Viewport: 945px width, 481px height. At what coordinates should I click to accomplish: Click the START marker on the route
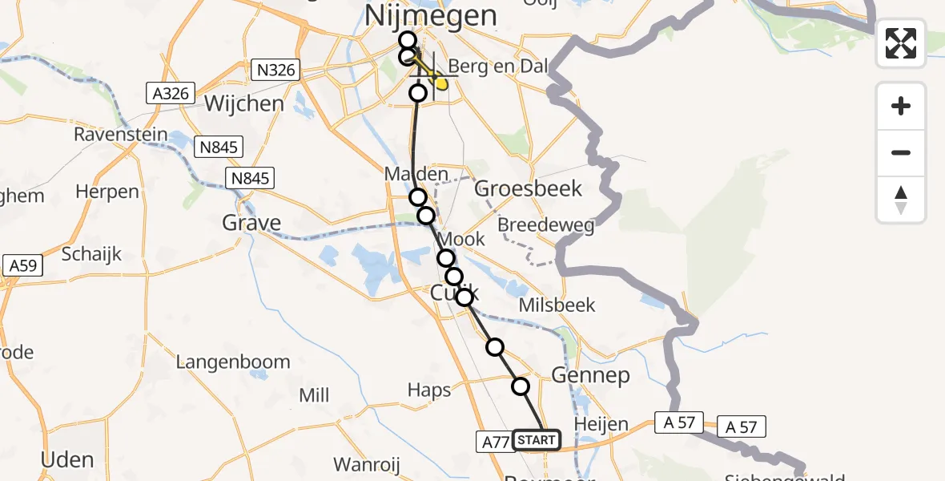536,440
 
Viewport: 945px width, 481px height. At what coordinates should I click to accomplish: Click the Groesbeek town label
528,188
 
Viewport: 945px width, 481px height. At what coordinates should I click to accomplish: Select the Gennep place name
591,375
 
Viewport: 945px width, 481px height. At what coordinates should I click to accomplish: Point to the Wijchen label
244,103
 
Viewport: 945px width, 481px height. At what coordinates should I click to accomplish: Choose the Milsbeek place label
557,305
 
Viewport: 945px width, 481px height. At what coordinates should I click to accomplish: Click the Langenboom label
233,362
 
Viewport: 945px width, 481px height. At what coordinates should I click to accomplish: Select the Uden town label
68,459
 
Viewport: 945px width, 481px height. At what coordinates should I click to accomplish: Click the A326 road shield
171,94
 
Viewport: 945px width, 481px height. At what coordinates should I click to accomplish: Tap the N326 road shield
277,71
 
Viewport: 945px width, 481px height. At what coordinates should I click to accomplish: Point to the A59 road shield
22,266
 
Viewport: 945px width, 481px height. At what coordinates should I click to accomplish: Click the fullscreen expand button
901,43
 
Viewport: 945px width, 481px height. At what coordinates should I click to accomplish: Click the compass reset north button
901,200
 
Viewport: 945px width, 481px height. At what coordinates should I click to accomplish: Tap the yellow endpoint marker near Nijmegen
440,83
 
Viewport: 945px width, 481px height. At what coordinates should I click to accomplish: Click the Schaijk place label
91,254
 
